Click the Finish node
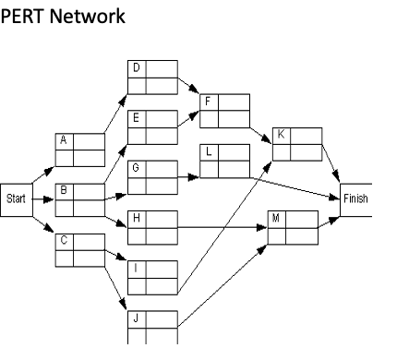point(355,198)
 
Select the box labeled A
point(79,149)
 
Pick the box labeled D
point(152,78)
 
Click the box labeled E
point(152,126)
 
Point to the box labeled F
point(225,109)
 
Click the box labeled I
point(152,274)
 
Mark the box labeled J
point(152,325)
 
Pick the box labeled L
point(225,159)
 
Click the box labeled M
point(292,227)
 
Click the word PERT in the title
point(22,18)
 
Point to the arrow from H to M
point(222,223)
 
